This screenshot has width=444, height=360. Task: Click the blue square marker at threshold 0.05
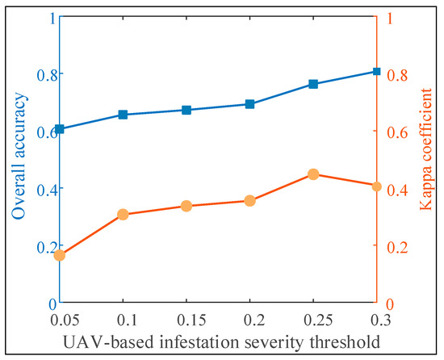(x=59, y=129)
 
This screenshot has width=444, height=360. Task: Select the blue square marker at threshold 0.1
(x=123, y=115)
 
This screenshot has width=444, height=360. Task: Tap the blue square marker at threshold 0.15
(x=186, y=110)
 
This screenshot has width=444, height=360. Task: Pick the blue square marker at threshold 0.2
(x=249, y=104)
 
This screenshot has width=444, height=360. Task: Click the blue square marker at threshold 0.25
(x=313, y=84)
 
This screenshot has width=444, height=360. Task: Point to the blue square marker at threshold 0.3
(x=376, y=72)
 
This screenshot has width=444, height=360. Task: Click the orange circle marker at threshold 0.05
(x=59, y=255)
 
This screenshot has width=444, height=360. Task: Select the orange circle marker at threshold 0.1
(x=123, y=215)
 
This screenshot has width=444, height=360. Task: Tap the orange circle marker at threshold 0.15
(x=186, y=206)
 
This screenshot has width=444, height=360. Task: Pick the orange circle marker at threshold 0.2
(x=249, y=201)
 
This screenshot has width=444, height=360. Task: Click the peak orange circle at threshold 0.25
(x=313, y=174)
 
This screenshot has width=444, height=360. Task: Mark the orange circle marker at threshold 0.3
(x=376, y=186)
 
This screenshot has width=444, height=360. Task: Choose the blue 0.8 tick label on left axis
(x=37, y=74)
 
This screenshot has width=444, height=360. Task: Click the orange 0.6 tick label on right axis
(x=398, y=132)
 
